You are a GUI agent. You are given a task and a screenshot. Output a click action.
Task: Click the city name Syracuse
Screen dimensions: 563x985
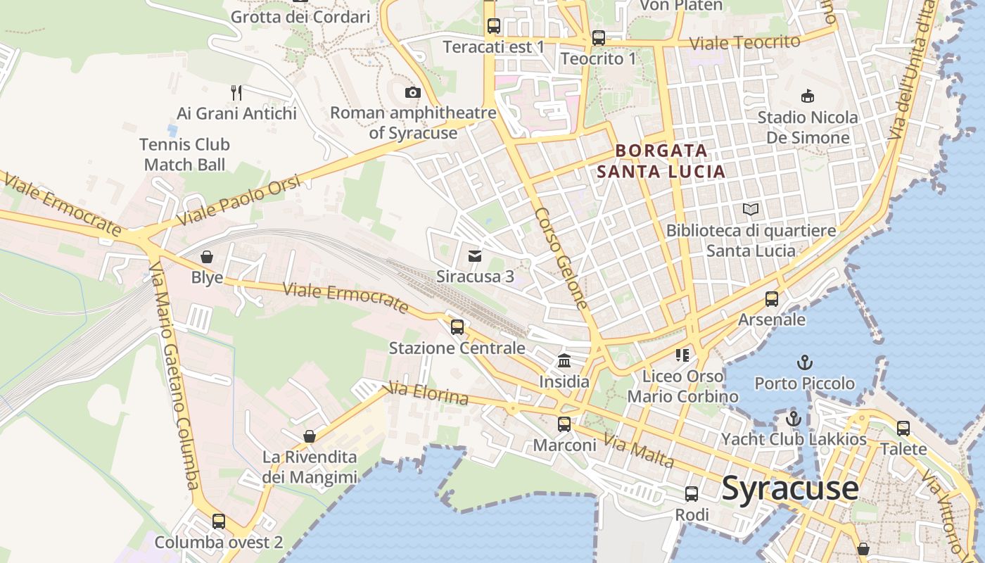coord(790,488)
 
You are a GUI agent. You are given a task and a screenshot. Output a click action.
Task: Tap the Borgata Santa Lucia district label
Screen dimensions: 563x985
coord(661,161)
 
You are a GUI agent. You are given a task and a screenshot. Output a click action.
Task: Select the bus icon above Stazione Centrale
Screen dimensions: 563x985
coord(457,327)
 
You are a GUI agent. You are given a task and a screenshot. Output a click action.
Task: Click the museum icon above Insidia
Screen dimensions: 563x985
coord(564,361)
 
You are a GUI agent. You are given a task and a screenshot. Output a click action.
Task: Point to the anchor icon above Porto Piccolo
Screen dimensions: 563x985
coord(804,363)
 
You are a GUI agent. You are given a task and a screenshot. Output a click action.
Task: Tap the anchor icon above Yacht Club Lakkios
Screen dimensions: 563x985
coord(794,419)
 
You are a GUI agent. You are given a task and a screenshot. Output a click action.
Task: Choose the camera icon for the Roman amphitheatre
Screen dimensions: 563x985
coord(413,92)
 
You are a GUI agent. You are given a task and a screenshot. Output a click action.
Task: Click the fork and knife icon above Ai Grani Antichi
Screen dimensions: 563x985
coord(236,92)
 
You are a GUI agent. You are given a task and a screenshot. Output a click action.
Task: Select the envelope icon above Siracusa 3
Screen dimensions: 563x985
coord(475,255)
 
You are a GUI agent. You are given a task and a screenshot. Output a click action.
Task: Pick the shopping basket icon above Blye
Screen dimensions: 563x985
coord(207,257)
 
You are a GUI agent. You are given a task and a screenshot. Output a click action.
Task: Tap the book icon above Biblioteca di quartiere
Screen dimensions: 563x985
coord(751,209)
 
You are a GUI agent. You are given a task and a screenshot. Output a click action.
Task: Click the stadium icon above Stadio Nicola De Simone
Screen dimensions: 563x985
coord(807,96)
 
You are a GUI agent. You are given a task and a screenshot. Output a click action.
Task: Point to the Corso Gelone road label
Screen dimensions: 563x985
coord(561,258)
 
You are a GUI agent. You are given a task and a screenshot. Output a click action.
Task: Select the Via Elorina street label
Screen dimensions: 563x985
coord(428,393)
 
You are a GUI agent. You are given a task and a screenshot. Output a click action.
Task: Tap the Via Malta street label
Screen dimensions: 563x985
coord(640,452)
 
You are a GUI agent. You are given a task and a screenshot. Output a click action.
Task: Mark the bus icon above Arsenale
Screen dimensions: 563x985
coord(772,299)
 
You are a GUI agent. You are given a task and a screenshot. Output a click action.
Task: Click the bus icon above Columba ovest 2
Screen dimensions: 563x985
coord(219,521)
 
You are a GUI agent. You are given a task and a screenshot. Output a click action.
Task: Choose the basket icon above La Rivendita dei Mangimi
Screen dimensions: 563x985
coord(310,436)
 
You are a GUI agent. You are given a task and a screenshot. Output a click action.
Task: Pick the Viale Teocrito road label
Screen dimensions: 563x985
coord(745,42)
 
